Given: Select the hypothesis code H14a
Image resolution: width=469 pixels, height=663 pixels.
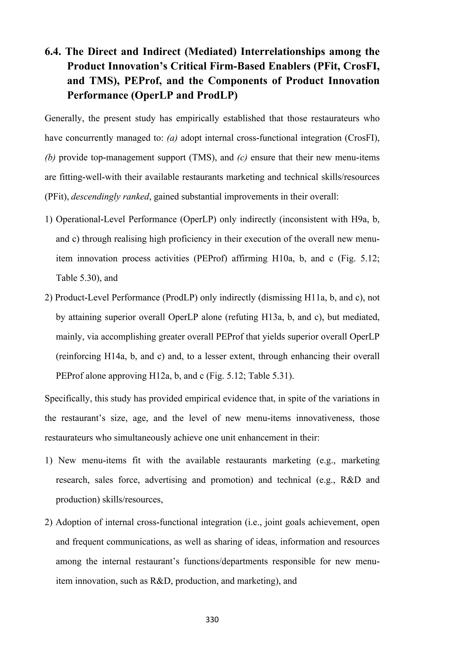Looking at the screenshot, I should click(115, 356).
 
